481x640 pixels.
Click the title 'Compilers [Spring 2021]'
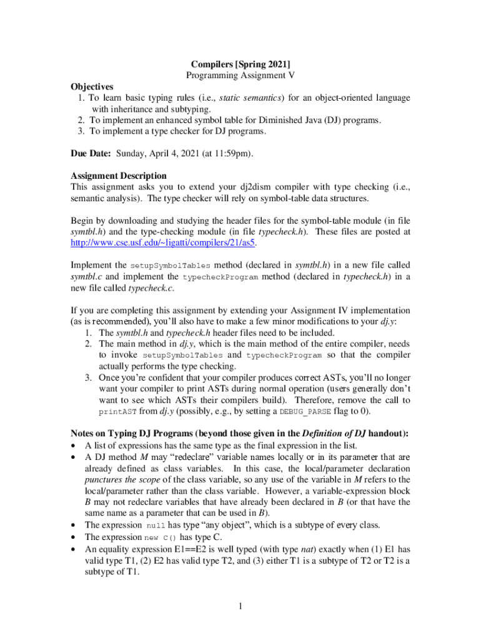click(x=241, y=64)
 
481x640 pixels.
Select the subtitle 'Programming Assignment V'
click(x=241, y=75)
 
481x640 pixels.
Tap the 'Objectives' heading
click(x=92, y=86)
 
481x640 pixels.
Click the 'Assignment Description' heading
click(x=119, y=176)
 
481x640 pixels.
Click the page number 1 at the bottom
click(x=241, y=605)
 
